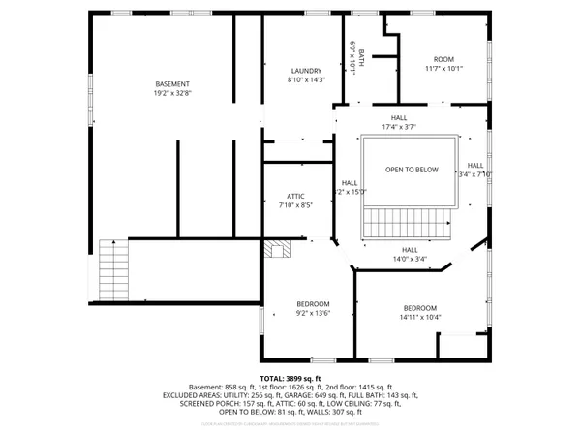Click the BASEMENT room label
pos(173,83)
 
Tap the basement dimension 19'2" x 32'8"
pos(173,94)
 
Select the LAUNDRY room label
pos(306,71)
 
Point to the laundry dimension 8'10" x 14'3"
pos(306,81)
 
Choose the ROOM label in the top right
pos(443,58)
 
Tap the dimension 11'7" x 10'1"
pos(443,69)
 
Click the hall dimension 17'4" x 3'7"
pos(399,126)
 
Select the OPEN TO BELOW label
pos(412,170)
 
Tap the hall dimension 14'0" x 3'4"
pos(409,259)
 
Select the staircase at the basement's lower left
pos(112,272)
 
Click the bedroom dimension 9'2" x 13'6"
pos(313,314)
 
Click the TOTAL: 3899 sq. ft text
pos(290,378)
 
